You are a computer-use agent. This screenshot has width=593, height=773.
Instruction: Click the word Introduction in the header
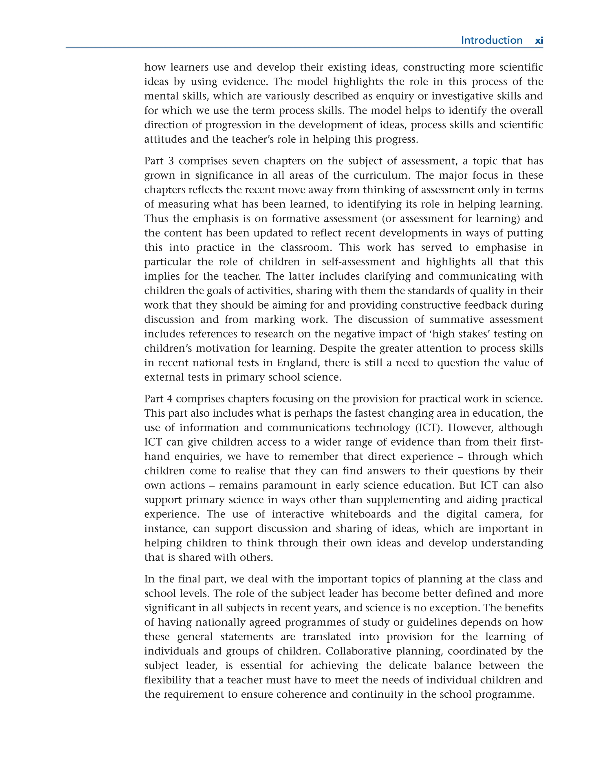491,40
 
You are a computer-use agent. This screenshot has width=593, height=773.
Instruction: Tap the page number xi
539,41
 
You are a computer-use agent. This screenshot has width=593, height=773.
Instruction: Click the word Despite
337,348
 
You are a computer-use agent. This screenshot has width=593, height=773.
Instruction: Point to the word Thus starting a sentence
155,218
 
